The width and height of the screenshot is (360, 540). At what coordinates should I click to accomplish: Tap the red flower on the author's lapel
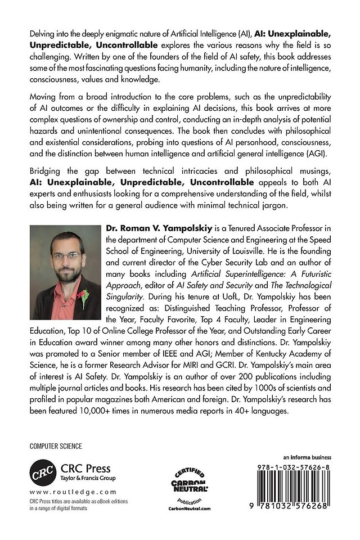(84, 296)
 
